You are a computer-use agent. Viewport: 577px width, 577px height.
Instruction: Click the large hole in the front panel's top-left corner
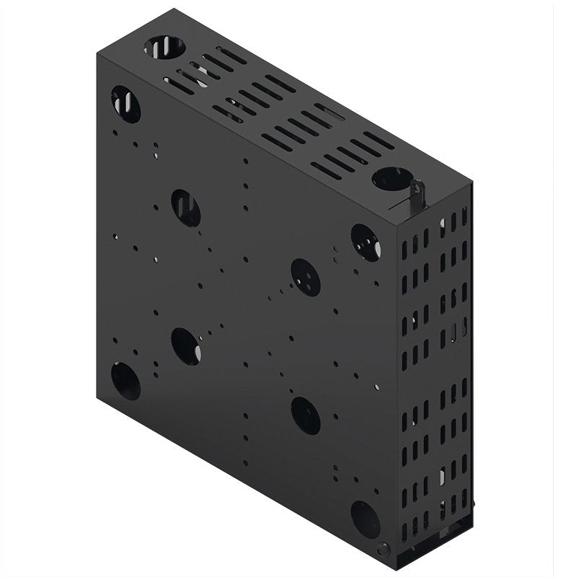(125, 104)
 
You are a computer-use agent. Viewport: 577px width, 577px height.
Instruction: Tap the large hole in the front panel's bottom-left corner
(125, 381)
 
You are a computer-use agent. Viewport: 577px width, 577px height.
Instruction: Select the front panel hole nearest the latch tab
(365, 242)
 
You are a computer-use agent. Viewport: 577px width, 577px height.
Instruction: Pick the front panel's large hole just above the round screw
(365, 519)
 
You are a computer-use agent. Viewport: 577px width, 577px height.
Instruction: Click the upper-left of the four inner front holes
(186, 208)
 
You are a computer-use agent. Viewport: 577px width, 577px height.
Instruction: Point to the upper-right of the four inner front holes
(306, 276)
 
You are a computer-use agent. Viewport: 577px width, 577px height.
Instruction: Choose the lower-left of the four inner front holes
(186, 345)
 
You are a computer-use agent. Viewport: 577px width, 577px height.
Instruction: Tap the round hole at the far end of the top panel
(164, 49)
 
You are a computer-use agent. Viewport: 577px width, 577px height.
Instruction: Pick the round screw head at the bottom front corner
(383, 549)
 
